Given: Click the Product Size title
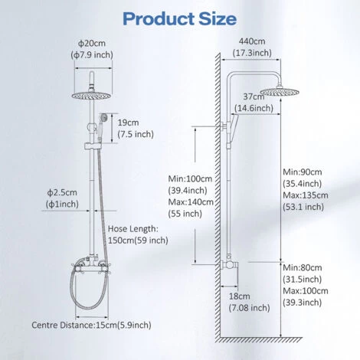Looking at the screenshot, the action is point(179,18).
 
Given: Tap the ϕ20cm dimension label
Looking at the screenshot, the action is point(92,43).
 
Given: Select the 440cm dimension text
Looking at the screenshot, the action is point(252,41).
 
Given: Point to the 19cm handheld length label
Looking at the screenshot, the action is point(128,123).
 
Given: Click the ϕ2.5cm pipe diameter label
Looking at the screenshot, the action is point(62,192).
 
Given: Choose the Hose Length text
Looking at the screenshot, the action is point(133,229).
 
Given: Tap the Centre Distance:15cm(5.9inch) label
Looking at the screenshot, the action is point(91,325).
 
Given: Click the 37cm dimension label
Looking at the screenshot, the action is point(254,97).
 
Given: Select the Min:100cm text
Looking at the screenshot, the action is point(190,178).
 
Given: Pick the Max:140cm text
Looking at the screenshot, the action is point(191,202).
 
